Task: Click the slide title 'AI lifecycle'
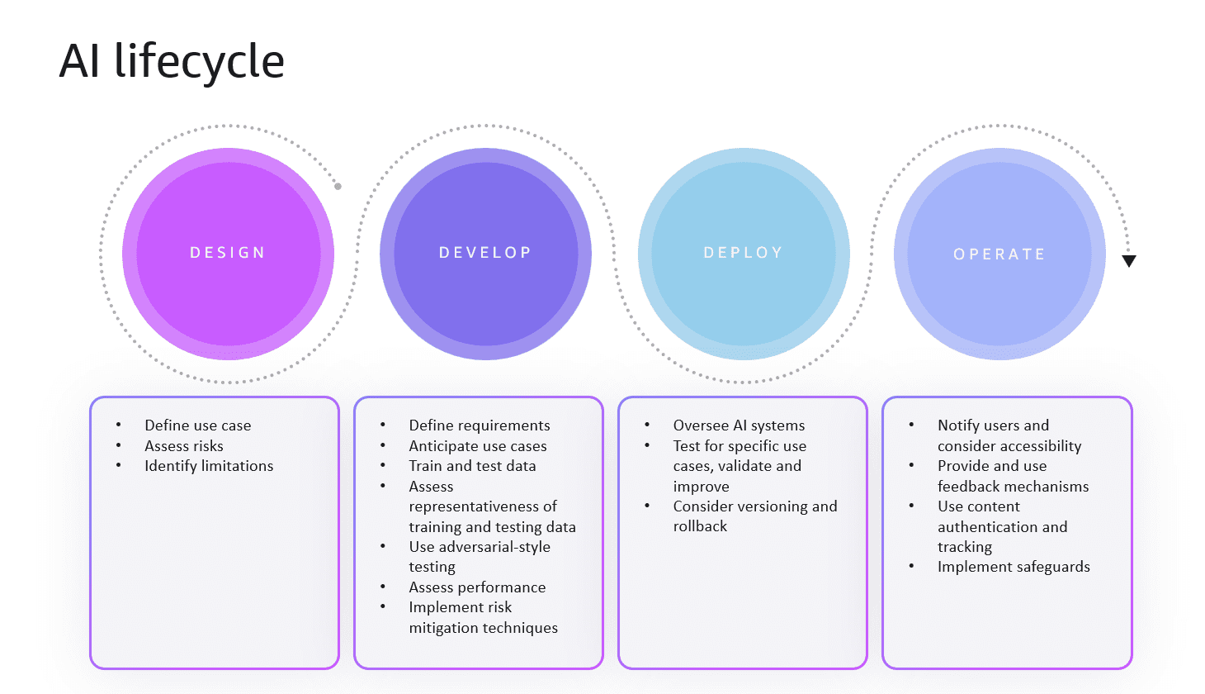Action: pyautogui.click(x=172, y=61)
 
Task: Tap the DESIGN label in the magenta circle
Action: pyautogui.click(x=228, y=253)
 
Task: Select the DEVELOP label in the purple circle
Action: pyautogui.click(x=485, y=253)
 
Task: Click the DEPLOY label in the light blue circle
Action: pyautogui.click(x=743, y=253)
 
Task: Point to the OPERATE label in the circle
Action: pyautogui.click(x=999, y=254)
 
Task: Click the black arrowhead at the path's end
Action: pyautogui.click(x=1129, y=261)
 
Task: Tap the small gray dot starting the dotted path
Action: pyautogui.click(x=338, y=187)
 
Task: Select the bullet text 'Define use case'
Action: pyautogui.click(x=197, y=425)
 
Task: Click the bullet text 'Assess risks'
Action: pyautogui.click(x=184, y=446)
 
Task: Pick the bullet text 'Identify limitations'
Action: pyautogui.click(x=209, y=466)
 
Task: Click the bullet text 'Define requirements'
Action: pyautogui.click(x=479, y=425)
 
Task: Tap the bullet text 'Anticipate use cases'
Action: pyautogui.click(x=477, y=446)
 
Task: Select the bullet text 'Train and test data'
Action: pyautogui.click(x=472, y=466)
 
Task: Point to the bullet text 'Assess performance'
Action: pyautogui.click(x=477, y=587)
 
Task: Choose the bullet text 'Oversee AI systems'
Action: pyautogui.click(x=739, y=425)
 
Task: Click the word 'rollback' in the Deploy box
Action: pyautogui.click(x=700, y=526)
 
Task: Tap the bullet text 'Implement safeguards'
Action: pyautogui.click(x=1014, y=567)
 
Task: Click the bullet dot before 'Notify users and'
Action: pyautogui.click(x=911, y=425)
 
